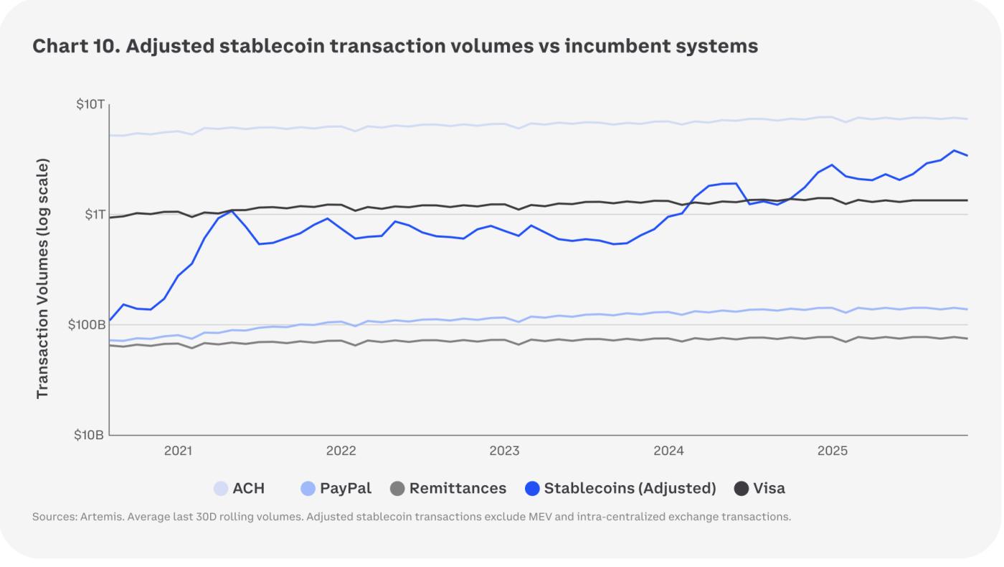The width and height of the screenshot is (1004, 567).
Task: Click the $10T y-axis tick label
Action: pos(90,105)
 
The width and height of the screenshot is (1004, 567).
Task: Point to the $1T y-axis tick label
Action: pos(93,215)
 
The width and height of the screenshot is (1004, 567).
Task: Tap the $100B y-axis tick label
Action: pos(87,324)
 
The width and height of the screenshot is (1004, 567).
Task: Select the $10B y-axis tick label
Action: pos(90,435)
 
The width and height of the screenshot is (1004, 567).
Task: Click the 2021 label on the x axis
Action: pos(178,451)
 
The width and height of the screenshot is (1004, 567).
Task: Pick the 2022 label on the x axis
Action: pos(341,451)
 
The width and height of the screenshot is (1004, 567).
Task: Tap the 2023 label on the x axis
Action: pos(504,451)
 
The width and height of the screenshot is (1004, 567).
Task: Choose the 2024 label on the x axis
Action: pos(668,451)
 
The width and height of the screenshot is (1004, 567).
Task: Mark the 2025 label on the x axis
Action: pos(832,451)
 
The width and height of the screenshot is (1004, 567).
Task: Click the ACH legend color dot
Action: pos(222,489)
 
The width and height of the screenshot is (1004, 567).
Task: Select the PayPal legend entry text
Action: pos(346,489)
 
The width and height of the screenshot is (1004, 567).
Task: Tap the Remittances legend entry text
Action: pos(458,489)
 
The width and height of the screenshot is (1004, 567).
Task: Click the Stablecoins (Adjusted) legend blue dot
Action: pos(533,489)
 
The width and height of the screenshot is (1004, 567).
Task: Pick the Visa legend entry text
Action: pos(769,489)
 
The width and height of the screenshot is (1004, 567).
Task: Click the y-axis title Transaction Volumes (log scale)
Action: pos(42,278)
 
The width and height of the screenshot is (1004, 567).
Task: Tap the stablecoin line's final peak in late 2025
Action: pos(955,151)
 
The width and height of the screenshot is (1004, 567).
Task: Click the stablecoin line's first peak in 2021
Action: pos(232,211)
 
